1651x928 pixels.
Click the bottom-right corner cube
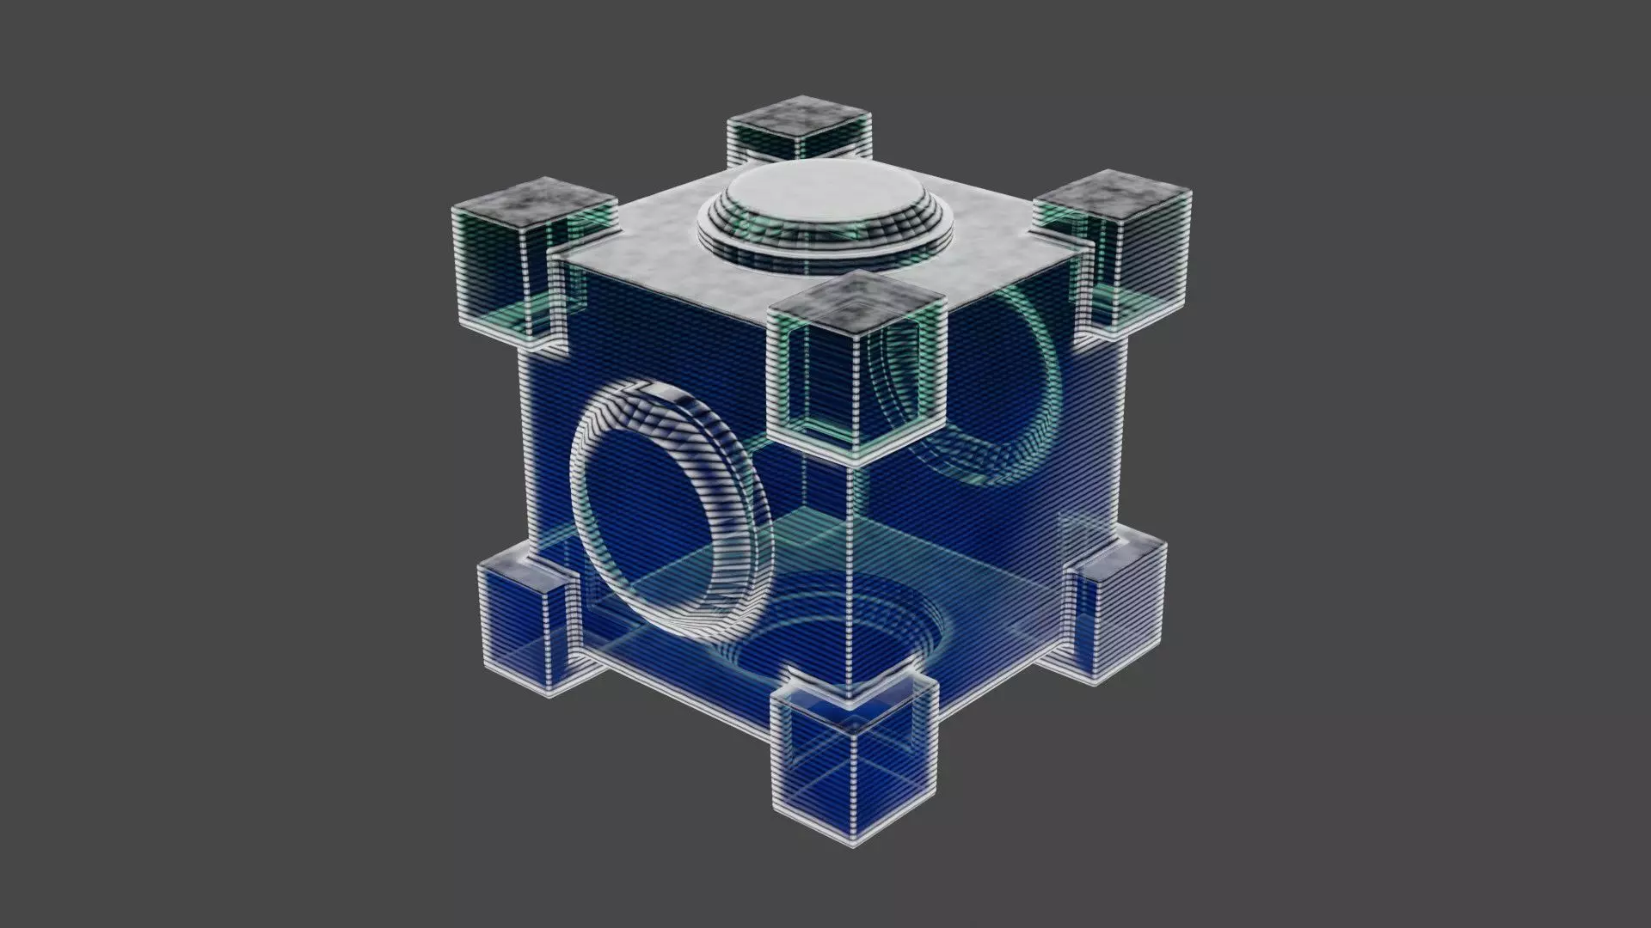coord(1118,601)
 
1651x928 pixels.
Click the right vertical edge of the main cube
coord(1123,430)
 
